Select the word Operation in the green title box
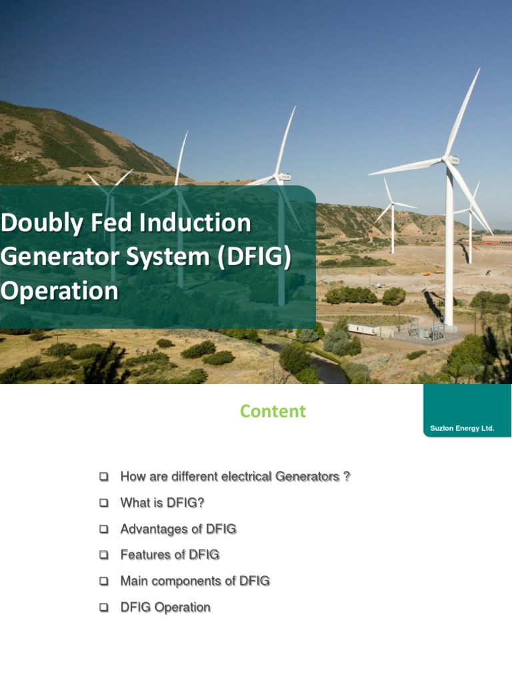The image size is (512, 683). [x=59, y=291]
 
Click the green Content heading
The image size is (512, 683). [x=273, y=412]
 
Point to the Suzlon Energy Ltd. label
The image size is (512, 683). [x=462, y=428]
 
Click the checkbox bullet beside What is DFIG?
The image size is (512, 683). [x=103, y=504]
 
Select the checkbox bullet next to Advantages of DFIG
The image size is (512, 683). [x=103, y=530]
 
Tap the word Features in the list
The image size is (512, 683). [x=143, y=555]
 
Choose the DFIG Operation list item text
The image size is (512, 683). [x=165, y=607]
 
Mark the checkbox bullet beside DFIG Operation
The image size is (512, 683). [x=103, y=608]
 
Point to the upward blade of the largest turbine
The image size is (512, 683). [x=465, y=113]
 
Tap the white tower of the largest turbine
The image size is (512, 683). [x=449, y=253]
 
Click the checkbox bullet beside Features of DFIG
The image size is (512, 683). [x=103, y=556]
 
